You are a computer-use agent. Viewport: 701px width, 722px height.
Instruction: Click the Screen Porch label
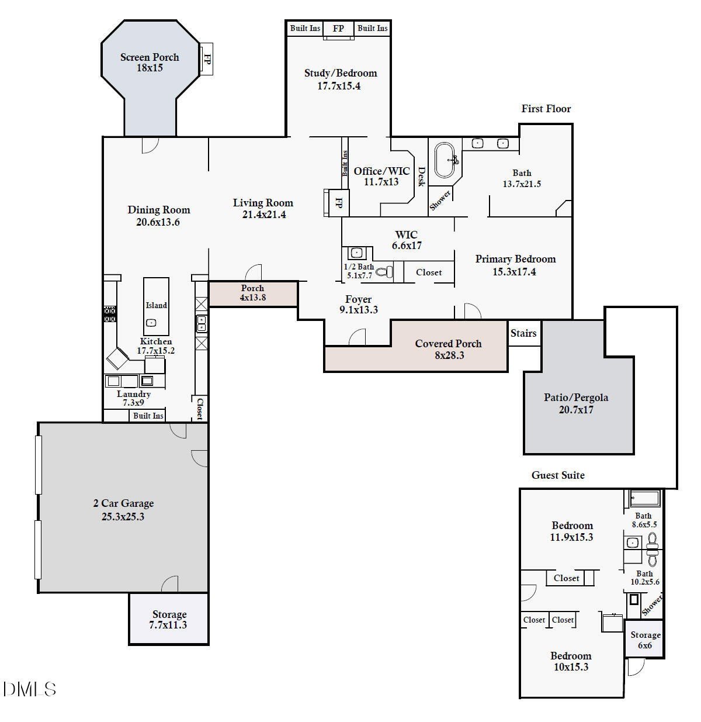(x=150, y=57)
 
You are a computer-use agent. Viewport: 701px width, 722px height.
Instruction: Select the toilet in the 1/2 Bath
(x=384, y=272)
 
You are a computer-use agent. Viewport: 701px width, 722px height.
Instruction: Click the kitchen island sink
(x=151, y=323)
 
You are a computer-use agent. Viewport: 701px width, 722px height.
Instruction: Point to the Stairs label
(x=523, y=333)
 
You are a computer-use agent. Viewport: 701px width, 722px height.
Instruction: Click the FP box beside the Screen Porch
(x=206, y=58)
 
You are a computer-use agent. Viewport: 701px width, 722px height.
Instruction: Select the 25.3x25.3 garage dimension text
(x=123, y=517)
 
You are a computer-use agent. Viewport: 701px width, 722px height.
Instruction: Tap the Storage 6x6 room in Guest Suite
(x=645, y=640)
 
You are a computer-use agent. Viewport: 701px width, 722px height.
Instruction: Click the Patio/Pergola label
(x=576, y=398)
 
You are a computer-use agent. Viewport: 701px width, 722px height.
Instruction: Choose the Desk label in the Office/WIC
(x=421, y=177)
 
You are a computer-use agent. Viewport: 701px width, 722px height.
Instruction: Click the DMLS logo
(x=29, y=689)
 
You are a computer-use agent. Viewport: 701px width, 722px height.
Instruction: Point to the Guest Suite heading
(x=558, y=475)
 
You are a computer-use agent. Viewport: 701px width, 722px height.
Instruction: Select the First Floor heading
(x=546, y=109)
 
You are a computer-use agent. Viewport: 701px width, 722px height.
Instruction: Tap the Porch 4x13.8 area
(x=253, y=293)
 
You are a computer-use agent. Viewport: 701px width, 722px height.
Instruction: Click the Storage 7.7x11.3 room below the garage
(x=169, y=620)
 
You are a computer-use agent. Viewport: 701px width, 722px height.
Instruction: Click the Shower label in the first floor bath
(x=440, y=201)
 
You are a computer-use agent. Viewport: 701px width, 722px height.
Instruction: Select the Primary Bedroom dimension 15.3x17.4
(x=514, y=272)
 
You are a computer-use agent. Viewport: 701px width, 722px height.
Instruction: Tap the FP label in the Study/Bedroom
(x=338, y=28)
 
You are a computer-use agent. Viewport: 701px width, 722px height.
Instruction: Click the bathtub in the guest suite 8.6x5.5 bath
(x=644, y=499)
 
